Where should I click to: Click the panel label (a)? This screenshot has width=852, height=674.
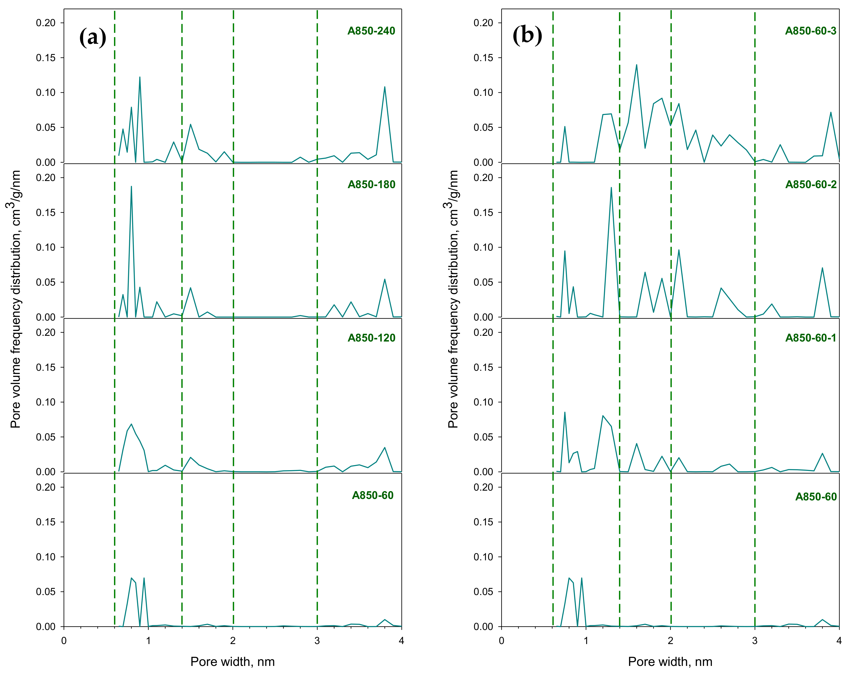[x=93, y=38]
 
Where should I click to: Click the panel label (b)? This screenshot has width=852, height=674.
[x=527, y=35]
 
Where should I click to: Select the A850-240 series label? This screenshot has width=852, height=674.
[x=371, y=31]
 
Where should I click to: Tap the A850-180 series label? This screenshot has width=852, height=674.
[x=371, y=184]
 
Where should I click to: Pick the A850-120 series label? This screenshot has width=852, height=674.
[x=371, y=338]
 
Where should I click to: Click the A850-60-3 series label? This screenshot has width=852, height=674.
[x=811, y=31]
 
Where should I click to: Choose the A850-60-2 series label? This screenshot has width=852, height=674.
[x=811, y=184]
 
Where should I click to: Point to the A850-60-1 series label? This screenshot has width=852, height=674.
[x=811, y=338]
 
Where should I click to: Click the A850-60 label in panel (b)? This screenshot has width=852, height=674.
[x=816, y=496]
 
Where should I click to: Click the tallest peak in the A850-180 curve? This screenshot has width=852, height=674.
[x=131, y=186]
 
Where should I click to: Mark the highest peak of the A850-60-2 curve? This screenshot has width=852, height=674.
[x=611, y=188]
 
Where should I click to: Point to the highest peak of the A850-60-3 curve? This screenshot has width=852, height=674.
[x=636, y=65]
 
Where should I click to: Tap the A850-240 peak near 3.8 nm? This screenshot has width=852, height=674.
[x=385, y=87]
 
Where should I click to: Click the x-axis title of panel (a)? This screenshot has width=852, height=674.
[x=233, y=661]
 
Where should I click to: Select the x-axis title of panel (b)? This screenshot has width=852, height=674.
[x=670, y=661]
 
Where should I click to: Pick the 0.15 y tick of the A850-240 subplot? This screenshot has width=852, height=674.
[x=46, y=58]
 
